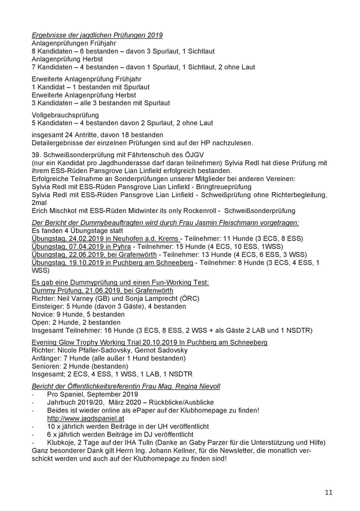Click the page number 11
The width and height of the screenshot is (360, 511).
click(329, 493)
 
